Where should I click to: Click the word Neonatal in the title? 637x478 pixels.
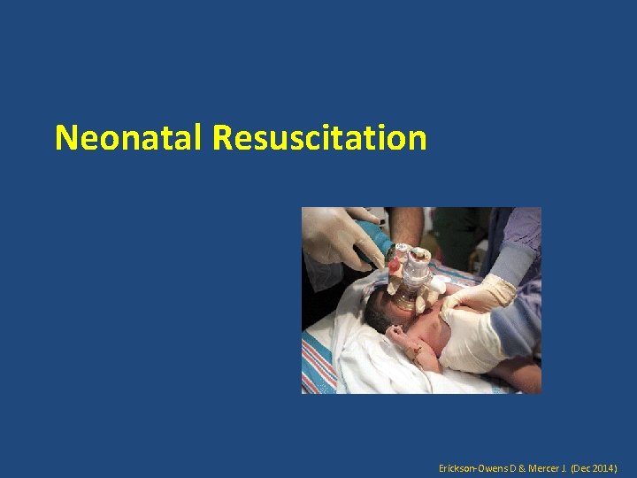point(130,138)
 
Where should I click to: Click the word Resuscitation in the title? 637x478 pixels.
point(319,138)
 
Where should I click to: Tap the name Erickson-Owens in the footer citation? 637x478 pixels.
point(472,466)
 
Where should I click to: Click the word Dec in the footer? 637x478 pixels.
point(581,466)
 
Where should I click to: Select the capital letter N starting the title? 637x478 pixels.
point(65,138)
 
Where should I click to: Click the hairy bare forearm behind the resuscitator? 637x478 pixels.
point(407,225)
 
